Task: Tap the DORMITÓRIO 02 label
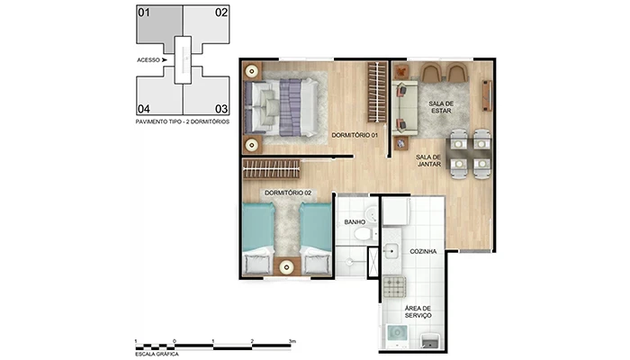tap(288, 193)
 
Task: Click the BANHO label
tap(354, 221)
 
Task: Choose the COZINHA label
tap(424, 252)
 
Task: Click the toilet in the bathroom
tap(361, 234)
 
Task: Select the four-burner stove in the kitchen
tap(395, 288)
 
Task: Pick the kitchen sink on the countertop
tap(393, 251)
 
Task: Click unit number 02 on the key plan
tap(220, 13)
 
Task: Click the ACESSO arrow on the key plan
tap(165, 59)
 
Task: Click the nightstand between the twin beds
tap(287, 265)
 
